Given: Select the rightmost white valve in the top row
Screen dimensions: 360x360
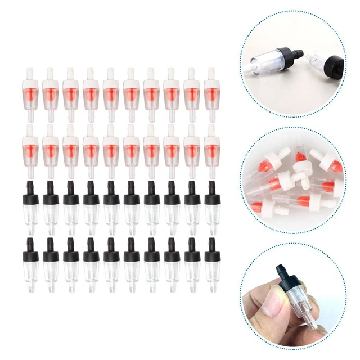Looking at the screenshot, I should pyautogui.click(x=212, y=90).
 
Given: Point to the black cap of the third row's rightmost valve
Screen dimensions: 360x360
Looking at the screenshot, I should pyautogui.click(x=212, y=197).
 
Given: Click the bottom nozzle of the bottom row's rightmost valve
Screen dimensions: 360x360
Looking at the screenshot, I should pyautogui.click(x=212, y=281).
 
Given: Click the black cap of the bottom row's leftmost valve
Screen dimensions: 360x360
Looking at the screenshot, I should pyautogui.click(x=31, y=251).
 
